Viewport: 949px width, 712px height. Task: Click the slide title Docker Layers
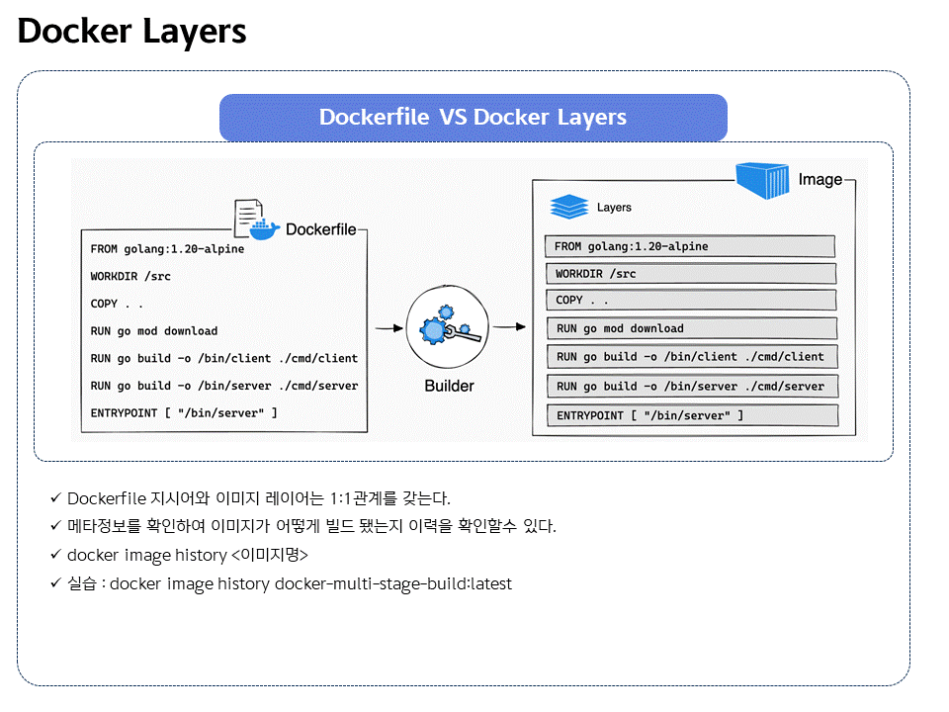coord(131,32)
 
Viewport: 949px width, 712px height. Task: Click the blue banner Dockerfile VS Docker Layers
coord(473,118)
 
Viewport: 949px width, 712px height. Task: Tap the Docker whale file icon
coord(254,221)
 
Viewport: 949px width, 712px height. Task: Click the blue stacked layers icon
coord(568,208)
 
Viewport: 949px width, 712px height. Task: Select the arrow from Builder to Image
coord(508,325)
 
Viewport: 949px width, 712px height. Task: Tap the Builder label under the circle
coord(449,386)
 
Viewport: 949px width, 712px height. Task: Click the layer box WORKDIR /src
coord(690,274)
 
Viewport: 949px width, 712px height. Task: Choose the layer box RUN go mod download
coord(690,328)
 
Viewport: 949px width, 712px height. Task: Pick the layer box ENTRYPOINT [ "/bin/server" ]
coord(692,415)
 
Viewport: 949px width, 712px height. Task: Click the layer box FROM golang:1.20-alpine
coord(690,246)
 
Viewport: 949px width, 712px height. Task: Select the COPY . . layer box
coord(690,300)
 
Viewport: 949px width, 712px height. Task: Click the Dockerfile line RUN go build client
coord(223,358)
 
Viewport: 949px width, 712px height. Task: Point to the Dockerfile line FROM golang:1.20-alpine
coord(167,249)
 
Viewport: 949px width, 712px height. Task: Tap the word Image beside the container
coord(820,180)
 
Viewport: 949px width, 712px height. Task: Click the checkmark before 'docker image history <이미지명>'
coord(55,555)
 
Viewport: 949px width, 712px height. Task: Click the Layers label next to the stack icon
coord(614,208)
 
